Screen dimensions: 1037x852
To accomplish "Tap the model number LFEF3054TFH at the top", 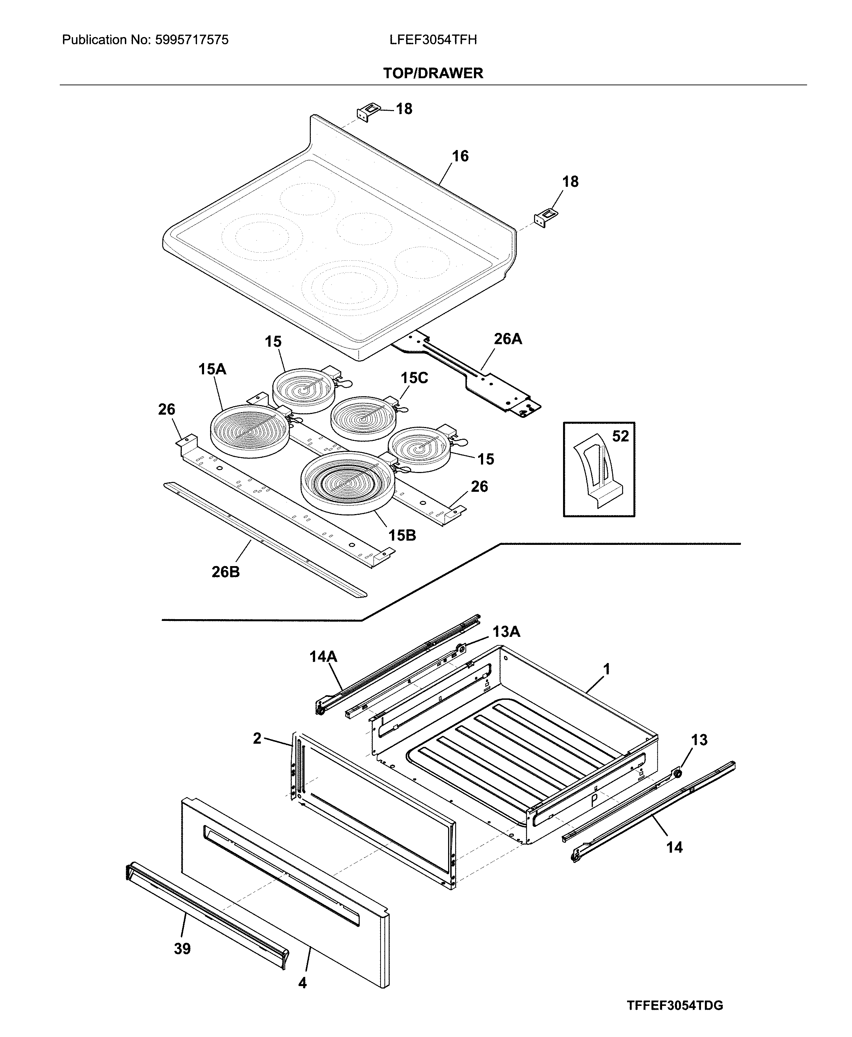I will coord(433,40).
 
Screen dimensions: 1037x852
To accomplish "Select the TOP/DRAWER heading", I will coord(433,73).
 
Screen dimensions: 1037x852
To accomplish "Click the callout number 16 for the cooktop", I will coord(460,156).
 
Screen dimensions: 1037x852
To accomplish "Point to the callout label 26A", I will coord(508,339).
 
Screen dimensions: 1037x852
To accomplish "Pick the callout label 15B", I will coord(402,535).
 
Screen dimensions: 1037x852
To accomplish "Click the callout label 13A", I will coord(506,632).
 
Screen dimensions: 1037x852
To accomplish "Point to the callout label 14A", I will coord(323,656).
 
